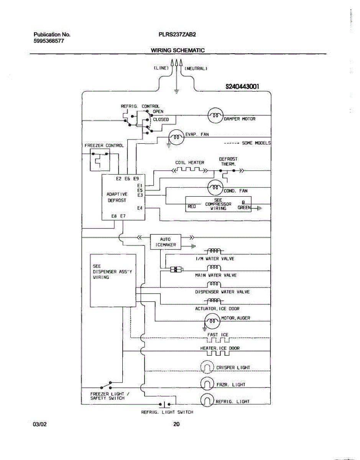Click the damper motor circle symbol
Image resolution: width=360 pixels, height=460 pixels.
pos(215,115)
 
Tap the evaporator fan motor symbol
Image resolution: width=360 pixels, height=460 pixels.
pos(176,137)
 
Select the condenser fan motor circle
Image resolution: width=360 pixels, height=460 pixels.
pos(215,187)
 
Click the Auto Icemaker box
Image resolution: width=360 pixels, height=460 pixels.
pos(166,242)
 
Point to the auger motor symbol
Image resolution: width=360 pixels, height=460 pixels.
pos(212,321)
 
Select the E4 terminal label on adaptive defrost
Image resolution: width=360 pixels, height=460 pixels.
pos(140,208)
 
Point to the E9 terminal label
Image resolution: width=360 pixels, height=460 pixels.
pos(136,179)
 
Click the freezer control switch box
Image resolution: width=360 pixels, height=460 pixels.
pos(100,160)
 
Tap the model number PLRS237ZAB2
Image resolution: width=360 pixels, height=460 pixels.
pos(177,34)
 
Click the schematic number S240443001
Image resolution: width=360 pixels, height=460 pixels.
pos(242,86)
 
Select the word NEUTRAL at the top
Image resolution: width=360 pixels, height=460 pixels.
pos(196,68)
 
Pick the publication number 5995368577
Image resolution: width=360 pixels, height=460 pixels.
pos(49,41)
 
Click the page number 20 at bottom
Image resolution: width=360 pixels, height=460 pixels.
pos(176,424)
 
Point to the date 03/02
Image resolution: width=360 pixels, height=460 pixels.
pos(40,424)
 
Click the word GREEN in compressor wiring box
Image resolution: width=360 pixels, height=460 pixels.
pos(244,207)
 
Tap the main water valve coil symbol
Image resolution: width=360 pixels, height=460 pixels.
pos(214,268)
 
